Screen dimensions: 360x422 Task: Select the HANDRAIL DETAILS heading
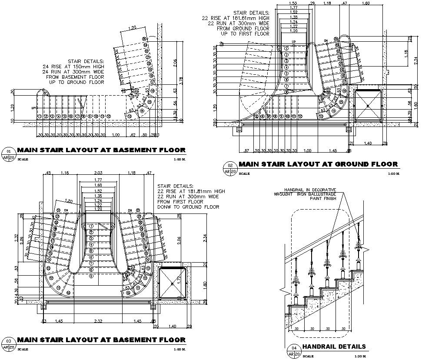(334, 347)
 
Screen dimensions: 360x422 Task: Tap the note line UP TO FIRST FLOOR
(245, 33)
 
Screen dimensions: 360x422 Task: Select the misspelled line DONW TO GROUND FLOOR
(188, 207)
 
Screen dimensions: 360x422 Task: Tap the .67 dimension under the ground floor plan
(246, 150)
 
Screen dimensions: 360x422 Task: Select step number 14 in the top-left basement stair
(142, 111)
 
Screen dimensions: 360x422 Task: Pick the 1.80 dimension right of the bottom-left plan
(205, 285)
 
